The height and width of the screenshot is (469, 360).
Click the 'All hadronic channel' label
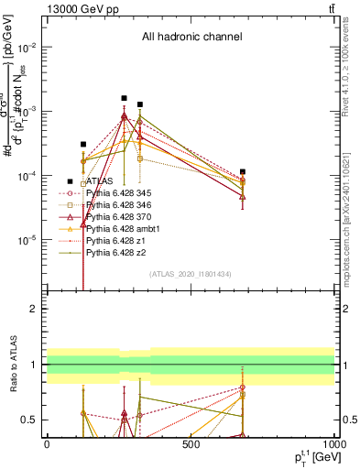tap(191, 38)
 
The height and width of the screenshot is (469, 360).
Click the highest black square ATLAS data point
tap(124, 98)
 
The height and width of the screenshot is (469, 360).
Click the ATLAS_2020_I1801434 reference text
tap(191, 274)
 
